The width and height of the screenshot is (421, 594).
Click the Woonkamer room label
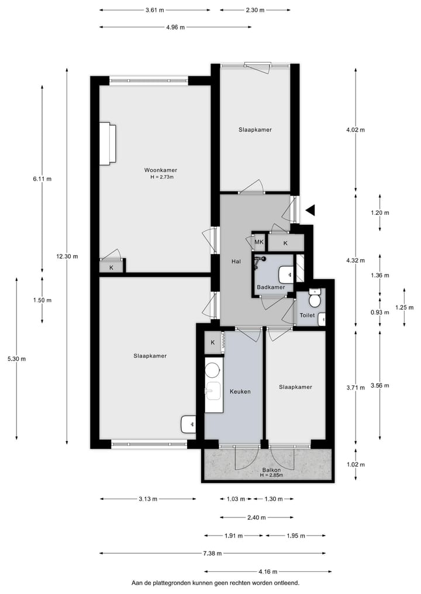click(x=161, y=170)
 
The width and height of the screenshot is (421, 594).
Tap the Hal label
click(x=236, y=262)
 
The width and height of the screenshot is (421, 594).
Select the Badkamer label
click(x=271, y=287)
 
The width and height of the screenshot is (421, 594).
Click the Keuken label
click(x=240, y=391)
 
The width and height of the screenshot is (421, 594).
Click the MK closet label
click(x=258, y=242)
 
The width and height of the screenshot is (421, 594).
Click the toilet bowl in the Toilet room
click(x=315, y=300)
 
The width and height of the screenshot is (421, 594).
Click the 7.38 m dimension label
click(x=213, y=553)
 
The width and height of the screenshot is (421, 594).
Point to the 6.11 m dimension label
click(x=42, y=179)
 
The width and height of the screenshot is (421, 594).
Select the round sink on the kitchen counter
click(x=213, y=370)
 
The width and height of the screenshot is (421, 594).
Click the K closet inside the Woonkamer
click(x=111, y=268)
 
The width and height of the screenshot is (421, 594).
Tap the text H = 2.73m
click(x=161, y=177)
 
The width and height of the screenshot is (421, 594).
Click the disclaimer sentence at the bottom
click(x=215, y=583)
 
